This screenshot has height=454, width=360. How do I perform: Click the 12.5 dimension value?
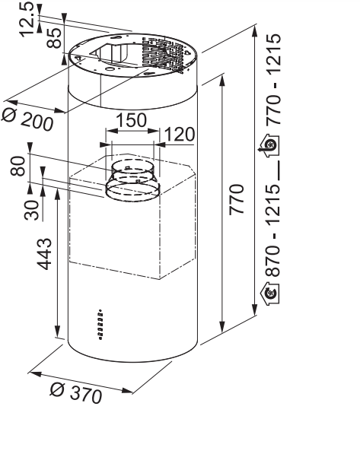(x=27, y=19)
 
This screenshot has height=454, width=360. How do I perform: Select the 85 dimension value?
(x=54, y=37)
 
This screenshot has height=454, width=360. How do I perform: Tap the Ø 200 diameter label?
(x=28, y=119)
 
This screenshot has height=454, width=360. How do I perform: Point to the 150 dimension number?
(x=132, y=120)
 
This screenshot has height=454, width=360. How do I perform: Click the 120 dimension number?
(x=180, y=135)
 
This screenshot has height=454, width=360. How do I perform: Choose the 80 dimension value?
(x=18, y=166)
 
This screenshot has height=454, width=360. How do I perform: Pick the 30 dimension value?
(x=31, y=210)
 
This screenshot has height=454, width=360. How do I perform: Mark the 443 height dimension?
(x=44, y=254)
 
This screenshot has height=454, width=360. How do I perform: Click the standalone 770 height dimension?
(x=237, y=199)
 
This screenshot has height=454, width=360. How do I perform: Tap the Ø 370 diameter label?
(x=76, y=393)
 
